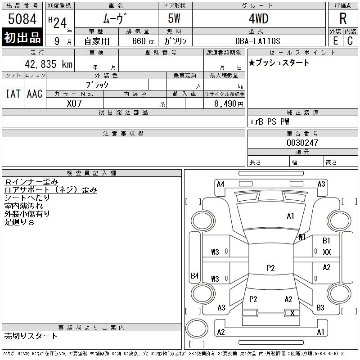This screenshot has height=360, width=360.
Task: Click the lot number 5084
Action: (22, 19)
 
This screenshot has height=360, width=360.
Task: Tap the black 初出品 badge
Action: (22, 38)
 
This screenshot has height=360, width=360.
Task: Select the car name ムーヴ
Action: (116, 19)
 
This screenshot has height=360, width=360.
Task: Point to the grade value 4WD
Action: (258, 19)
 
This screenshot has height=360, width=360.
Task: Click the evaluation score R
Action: (343, 19)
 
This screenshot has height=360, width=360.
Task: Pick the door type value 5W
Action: (175, 19)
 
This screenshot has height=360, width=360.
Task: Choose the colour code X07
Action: (74, 103)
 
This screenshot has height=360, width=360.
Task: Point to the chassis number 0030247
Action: (302, 143)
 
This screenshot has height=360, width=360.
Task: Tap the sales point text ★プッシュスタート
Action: (279, 63)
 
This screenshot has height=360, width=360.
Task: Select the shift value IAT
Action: (13, 94)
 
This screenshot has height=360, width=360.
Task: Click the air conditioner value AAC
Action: (35, 94)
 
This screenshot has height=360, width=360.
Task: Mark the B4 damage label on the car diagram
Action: (194, 275)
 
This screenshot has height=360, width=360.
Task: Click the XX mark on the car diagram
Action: (327, 252)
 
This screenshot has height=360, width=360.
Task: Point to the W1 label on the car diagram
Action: (301, 237)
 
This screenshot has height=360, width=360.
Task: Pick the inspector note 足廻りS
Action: (19, 222)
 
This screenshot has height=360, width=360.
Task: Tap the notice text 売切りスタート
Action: (31, 336)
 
